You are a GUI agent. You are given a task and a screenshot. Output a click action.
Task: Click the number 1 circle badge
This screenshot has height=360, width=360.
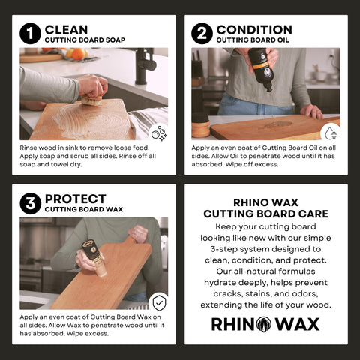click(31, 34)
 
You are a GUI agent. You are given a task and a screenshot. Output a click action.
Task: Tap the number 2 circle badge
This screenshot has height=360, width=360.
click(202, 34)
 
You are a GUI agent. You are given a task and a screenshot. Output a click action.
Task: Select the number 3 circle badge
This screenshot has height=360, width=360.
click(31, 203)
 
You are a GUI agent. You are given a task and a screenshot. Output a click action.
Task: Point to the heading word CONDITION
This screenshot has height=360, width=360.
click(251, 29)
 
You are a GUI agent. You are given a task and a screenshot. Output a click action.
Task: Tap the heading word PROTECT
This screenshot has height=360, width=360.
click(75, 199)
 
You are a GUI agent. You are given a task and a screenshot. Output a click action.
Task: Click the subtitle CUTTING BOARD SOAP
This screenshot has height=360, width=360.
click(83, 40)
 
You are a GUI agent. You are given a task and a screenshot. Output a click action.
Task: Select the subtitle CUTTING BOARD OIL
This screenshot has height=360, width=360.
click(250, 40)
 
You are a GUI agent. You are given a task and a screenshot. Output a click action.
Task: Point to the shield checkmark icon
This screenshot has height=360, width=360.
click(159, 301)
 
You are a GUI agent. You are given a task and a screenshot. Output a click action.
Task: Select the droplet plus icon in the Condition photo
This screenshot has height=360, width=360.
click(330, 133)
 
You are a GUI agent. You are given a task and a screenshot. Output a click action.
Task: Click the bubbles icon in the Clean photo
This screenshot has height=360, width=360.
click(159, 133)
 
